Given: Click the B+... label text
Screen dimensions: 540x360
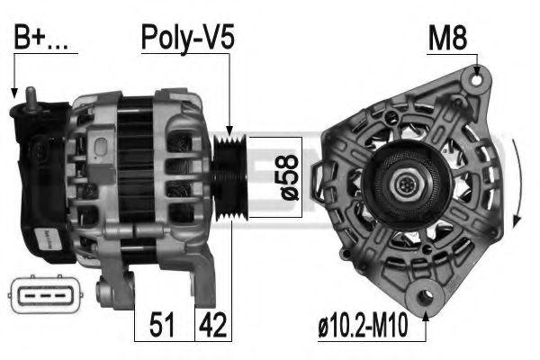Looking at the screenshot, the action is point(41,37).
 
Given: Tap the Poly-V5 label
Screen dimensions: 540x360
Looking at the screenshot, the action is point(188,38).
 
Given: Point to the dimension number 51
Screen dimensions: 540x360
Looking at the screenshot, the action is point(162,325).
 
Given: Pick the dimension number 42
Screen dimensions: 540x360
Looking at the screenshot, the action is point(213,325).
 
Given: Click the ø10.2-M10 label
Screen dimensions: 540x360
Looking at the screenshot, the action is point(363,325).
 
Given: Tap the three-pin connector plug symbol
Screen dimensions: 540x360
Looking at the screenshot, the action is point(46,294).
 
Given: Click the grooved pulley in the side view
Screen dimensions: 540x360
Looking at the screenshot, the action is point(229,178).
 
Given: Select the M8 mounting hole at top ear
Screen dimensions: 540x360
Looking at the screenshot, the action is point(477,80).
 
